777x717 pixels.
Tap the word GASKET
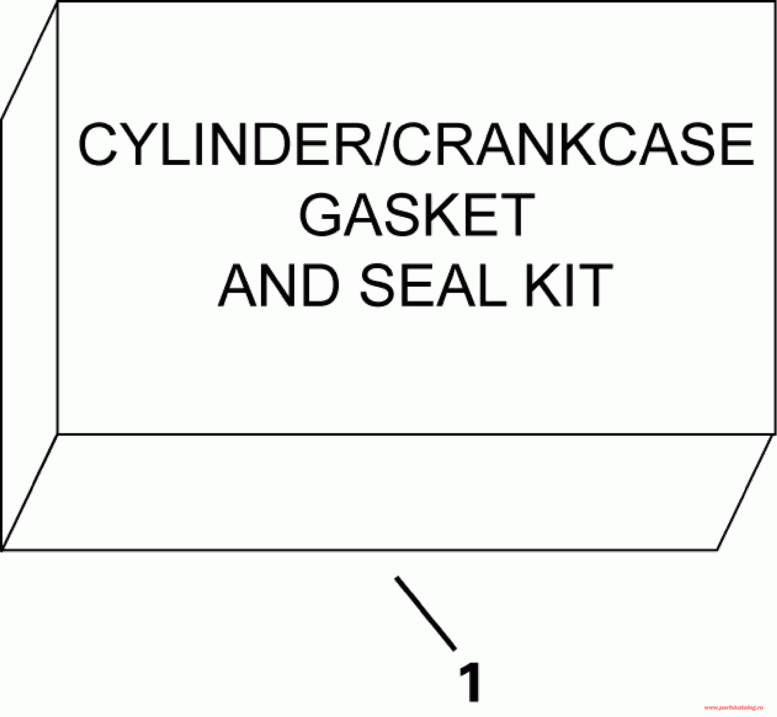[x=416, y=216]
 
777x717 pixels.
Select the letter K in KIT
[x=544, y=286]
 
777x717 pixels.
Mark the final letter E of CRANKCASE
[x=735, y=145]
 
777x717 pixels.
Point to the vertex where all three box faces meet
[x=58, y=434]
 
